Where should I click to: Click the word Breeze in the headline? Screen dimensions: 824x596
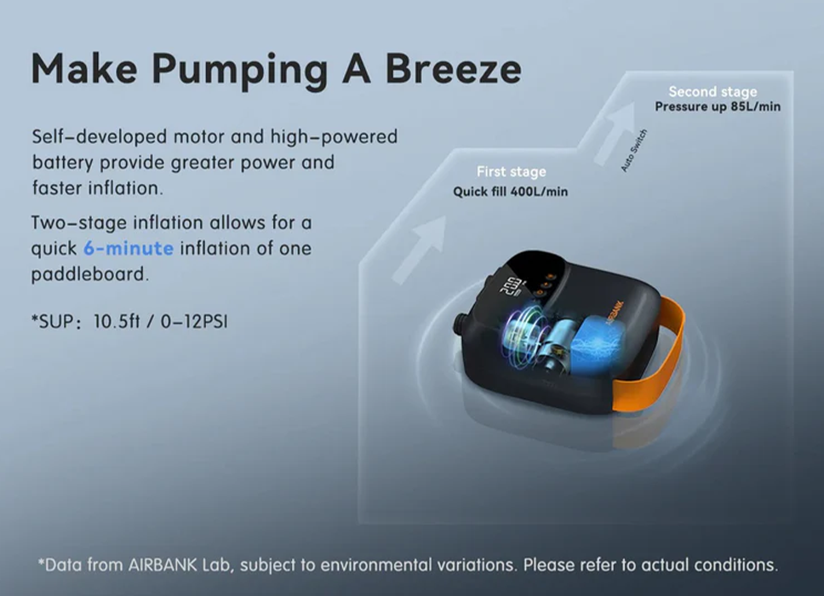(x=453, y=69)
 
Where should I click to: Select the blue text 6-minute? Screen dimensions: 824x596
(x=129, y=248)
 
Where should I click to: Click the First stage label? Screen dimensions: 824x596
(x=511, y=171)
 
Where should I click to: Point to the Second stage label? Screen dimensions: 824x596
(x=712, y=91)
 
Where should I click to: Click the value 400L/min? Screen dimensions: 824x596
(x=539, y=192)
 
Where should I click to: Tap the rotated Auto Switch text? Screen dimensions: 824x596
(x=634, y=151)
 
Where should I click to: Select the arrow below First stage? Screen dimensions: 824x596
(x=419, y=249)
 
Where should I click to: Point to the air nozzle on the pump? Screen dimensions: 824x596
(x=461, y=324)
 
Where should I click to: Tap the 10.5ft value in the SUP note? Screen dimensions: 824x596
(x=117, y=321)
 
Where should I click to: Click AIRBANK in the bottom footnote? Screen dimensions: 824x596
(x=163, y=565)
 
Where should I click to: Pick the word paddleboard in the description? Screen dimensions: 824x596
(x=89, y=274)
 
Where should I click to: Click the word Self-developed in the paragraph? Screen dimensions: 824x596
(x=99, y=137)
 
